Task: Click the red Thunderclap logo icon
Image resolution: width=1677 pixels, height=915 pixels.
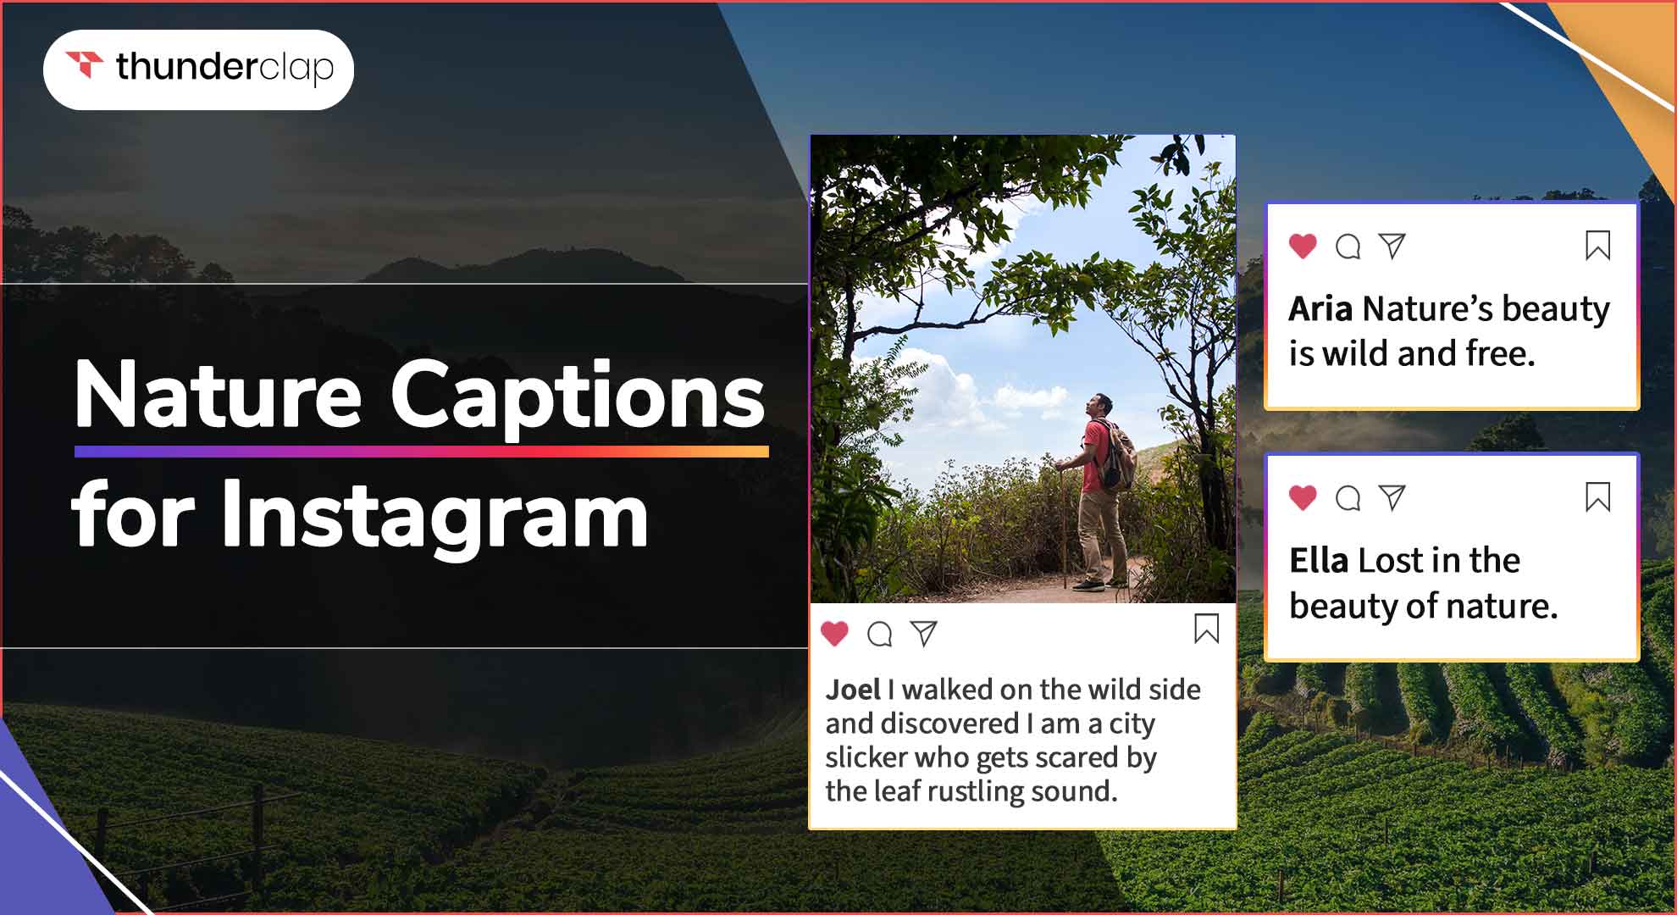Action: [85, 64]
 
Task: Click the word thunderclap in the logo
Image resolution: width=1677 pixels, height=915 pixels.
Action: [225, 68]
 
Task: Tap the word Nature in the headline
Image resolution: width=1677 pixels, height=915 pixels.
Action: [219, 394]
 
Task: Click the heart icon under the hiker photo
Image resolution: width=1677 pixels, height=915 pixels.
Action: [835, 633]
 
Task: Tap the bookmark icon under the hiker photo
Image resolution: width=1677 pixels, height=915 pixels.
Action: [1206, 629]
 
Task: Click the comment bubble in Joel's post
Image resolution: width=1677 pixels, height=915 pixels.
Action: [880, 634]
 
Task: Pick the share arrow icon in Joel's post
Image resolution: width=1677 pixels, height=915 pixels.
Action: [924, 633]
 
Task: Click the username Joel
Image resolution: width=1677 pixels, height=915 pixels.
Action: [853, 690]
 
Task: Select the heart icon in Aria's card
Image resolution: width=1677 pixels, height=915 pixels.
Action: [1303, 246]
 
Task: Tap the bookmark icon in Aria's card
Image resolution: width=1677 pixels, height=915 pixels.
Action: [1597, 246]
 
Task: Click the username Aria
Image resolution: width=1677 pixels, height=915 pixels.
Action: [1320, 309]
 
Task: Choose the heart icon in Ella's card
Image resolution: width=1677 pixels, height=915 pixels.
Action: [1303, 497]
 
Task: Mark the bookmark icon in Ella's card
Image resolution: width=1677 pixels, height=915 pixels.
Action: [1597, 497]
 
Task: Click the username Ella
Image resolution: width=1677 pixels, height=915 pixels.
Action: [1319, 561]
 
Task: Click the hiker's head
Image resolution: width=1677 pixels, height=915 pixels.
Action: [1099, 405]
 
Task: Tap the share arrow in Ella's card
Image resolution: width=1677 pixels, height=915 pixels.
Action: [1392, 497]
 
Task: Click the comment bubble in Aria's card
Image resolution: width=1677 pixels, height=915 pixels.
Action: [1348, 247]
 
